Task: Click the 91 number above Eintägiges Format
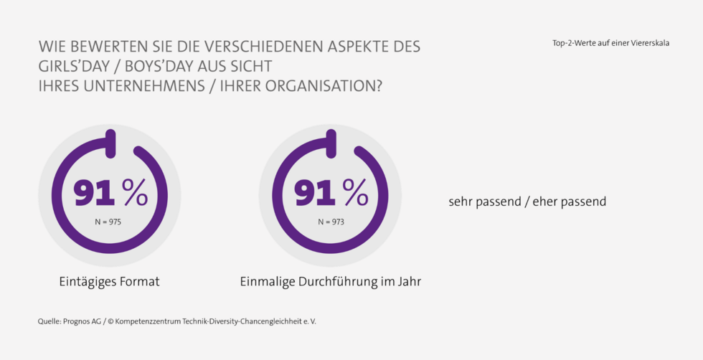coord(95,193)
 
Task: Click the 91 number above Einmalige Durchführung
coord(316,193)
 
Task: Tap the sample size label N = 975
coord(108,222)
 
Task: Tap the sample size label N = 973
coord(331,222)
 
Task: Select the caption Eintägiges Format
coord(109,282)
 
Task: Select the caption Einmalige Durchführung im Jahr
coord(330,282)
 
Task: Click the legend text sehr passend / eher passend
coord(527,202)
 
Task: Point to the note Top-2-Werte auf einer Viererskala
coord(610,43)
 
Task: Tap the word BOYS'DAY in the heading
coord(171,66)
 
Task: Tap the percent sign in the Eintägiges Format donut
coord(134,192)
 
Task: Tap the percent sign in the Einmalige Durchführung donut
coord(355,192)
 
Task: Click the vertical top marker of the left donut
coord(110,143)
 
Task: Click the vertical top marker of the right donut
coord(331,143)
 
